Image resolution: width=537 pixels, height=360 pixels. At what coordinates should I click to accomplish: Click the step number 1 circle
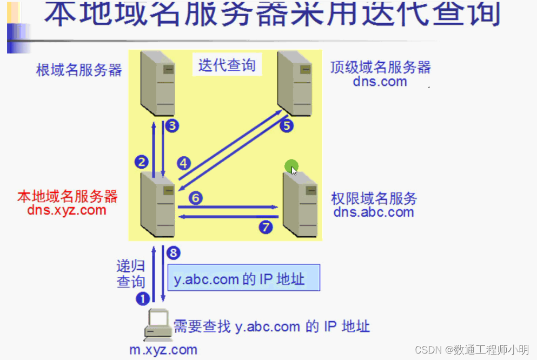tap(142, 298)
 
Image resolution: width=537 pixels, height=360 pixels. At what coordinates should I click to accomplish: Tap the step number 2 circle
tap(142, 162)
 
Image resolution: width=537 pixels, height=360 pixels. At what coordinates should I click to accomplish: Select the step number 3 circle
tap(172, 126)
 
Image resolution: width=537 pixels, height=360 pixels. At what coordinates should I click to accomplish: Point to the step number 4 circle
tap(184, 162)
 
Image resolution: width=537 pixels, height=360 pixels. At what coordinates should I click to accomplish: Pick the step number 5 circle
tap(286, 126)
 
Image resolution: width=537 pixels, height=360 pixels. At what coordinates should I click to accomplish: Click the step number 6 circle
tap(196, 198)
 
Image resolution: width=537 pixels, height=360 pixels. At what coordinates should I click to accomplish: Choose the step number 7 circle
tap(266, 227)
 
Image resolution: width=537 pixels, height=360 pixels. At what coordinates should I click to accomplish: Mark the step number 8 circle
tap(173, 252)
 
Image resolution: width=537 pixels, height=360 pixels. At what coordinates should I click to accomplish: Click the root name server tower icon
tap(157, 82)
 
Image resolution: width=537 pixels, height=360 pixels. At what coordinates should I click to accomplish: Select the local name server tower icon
tap(157, 204)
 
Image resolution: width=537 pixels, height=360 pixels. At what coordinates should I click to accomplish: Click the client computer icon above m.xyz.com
tap(158, 324)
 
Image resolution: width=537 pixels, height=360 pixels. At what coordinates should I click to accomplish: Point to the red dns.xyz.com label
tap(67, 210)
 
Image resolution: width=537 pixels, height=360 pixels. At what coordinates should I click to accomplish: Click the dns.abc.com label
tap(373, 212)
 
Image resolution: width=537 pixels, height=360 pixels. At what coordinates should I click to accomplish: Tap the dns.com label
tap(380, 82)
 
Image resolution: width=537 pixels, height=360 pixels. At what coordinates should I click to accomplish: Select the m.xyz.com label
tap(163, 350)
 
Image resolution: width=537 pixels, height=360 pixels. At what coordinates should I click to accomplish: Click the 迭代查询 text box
tap(227, 66)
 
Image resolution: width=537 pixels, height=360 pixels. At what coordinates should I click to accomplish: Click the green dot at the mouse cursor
tap(291, 166)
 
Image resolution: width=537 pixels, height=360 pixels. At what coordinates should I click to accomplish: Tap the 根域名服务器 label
tap(79, 70)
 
